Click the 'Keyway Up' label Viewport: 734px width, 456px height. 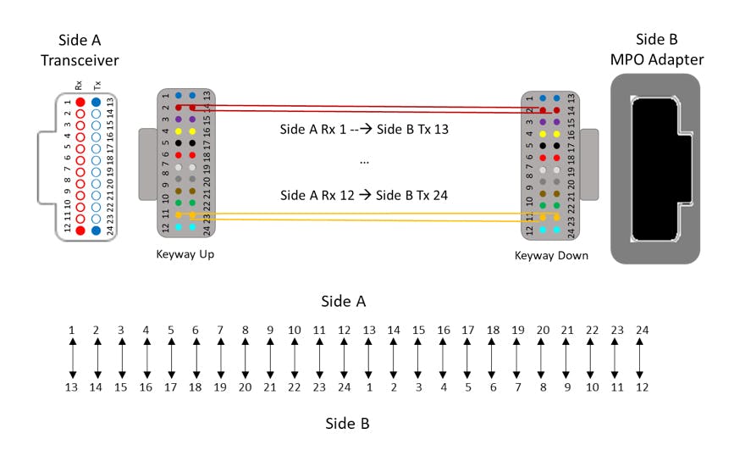click(x=185, y=254)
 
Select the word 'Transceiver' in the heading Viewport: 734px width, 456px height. click(x=89, y=60)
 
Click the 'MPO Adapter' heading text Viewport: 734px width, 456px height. click(x=658, y=60)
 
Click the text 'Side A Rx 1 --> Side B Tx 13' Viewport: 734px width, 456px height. click(x=365, y=131)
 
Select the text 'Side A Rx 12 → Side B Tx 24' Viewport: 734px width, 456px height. click(x=365, y=195)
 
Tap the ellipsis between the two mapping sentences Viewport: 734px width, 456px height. click(x=364, y=161)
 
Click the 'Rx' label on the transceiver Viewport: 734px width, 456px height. click(x=79, y=86)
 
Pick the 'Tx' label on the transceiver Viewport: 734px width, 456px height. click(x=97, y=86)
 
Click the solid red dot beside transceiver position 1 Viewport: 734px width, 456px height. click(x=80, y=102)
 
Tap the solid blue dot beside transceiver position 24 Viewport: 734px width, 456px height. click(x=97, y=230)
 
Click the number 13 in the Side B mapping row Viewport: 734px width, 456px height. click(x=73, y=387)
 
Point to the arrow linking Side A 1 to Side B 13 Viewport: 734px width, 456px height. click(x=73, y=359)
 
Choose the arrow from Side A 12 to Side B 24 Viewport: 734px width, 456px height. click(x=345, y=359)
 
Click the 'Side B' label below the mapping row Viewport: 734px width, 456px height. click(x=348, y=422)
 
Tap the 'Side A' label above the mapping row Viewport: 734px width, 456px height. click(x=344, y=301)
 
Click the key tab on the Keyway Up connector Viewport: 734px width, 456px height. click(x=146, y=161)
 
